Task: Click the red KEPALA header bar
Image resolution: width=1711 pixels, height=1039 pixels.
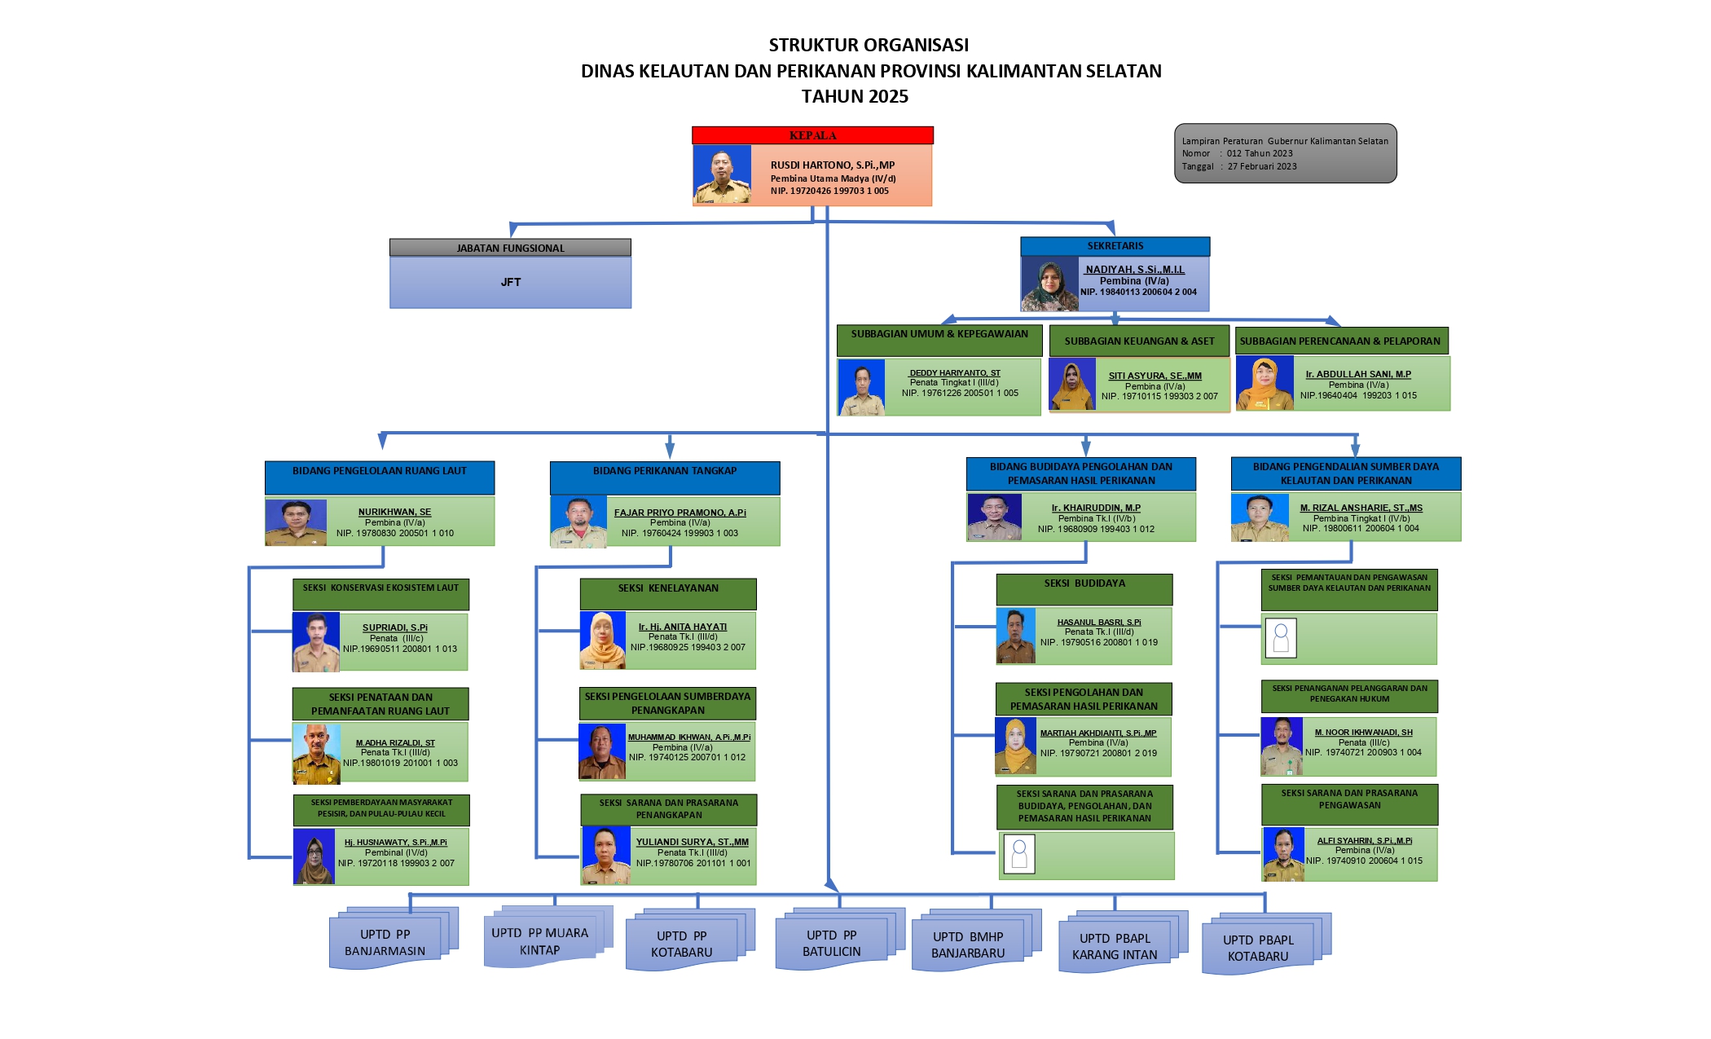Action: point(812,135)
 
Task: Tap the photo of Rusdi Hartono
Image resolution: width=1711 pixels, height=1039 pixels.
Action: point(722,175)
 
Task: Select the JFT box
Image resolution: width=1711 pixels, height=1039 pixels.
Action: point(510,282)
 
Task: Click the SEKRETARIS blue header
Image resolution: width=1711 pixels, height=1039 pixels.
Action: point(1115,246)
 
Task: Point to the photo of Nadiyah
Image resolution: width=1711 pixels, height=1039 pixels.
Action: point(1049,285)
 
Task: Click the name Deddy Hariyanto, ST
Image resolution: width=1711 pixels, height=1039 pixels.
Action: point(954,372)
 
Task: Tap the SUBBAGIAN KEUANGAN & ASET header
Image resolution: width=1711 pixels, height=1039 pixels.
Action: point(1139,341)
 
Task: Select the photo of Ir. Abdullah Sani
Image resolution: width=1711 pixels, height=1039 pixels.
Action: point(1265,383)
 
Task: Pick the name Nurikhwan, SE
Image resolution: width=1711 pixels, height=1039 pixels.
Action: point(394,512)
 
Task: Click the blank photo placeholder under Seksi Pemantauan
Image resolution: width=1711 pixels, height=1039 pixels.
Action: point(1281,638)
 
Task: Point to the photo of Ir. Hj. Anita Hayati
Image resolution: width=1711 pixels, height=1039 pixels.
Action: point(602,641)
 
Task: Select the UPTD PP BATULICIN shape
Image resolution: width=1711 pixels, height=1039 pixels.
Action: point(831,944)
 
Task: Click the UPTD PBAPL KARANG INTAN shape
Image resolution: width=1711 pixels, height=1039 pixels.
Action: point(1115,947)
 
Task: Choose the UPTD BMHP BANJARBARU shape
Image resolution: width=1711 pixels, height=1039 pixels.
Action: point(968,945)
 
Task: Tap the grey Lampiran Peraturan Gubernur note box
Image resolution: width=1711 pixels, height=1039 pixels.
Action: point(1285,153)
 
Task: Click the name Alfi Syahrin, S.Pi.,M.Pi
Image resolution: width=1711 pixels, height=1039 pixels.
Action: point(1364,840)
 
